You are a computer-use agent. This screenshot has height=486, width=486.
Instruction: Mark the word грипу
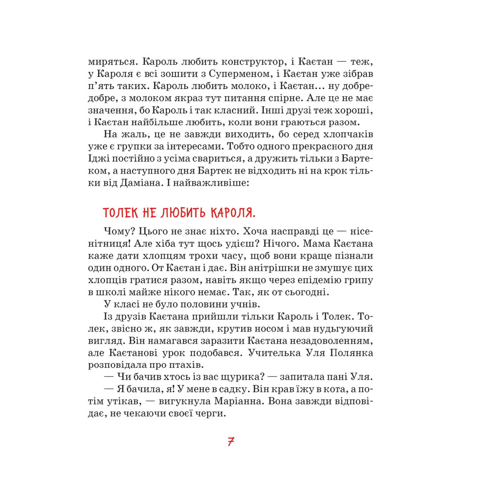coord(361,280)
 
